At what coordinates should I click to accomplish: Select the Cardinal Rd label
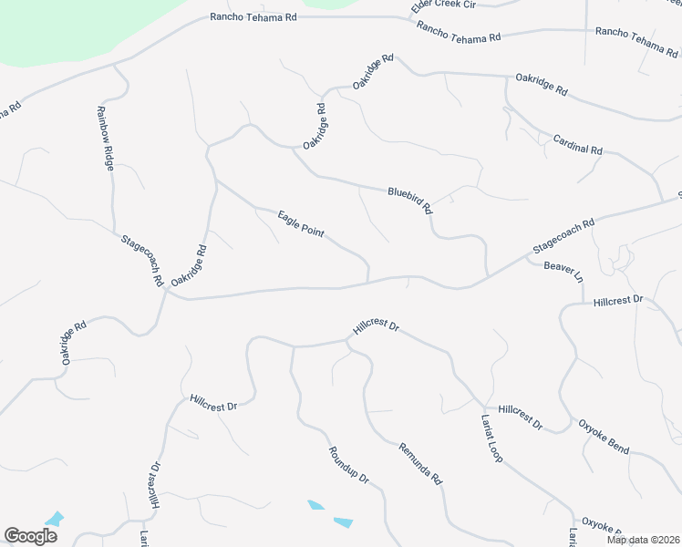(x=578, y=144)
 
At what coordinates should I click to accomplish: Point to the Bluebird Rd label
(x=409, y=200)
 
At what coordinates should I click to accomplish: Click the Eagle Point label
(x=301, y=222)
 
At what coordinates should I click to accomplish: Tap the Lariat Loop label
(x=491, y=439)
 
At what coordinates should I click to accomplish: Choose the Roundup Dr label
(x=348, y=465)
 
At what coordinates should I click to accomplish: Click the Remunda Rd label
(x=419, y=462)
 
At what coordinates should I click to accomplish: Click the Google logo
(x=30, y=535)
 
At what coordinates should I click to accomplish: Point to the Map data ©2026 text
(x=643, y=540)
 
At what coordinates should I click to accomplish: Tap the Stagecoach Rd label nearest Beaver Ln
(x=563, y=235)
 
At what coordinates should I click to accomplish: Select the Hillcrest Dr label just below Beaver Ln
(x=618, y=299)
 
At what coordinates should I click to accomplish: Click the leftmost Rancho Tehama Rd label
(x=253, y=16)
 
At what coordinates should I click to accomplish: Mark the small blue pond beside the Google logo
(x=54, y=519)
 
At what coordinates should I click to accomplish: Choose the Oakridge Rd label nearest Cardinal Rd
(x=542, y=85)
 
